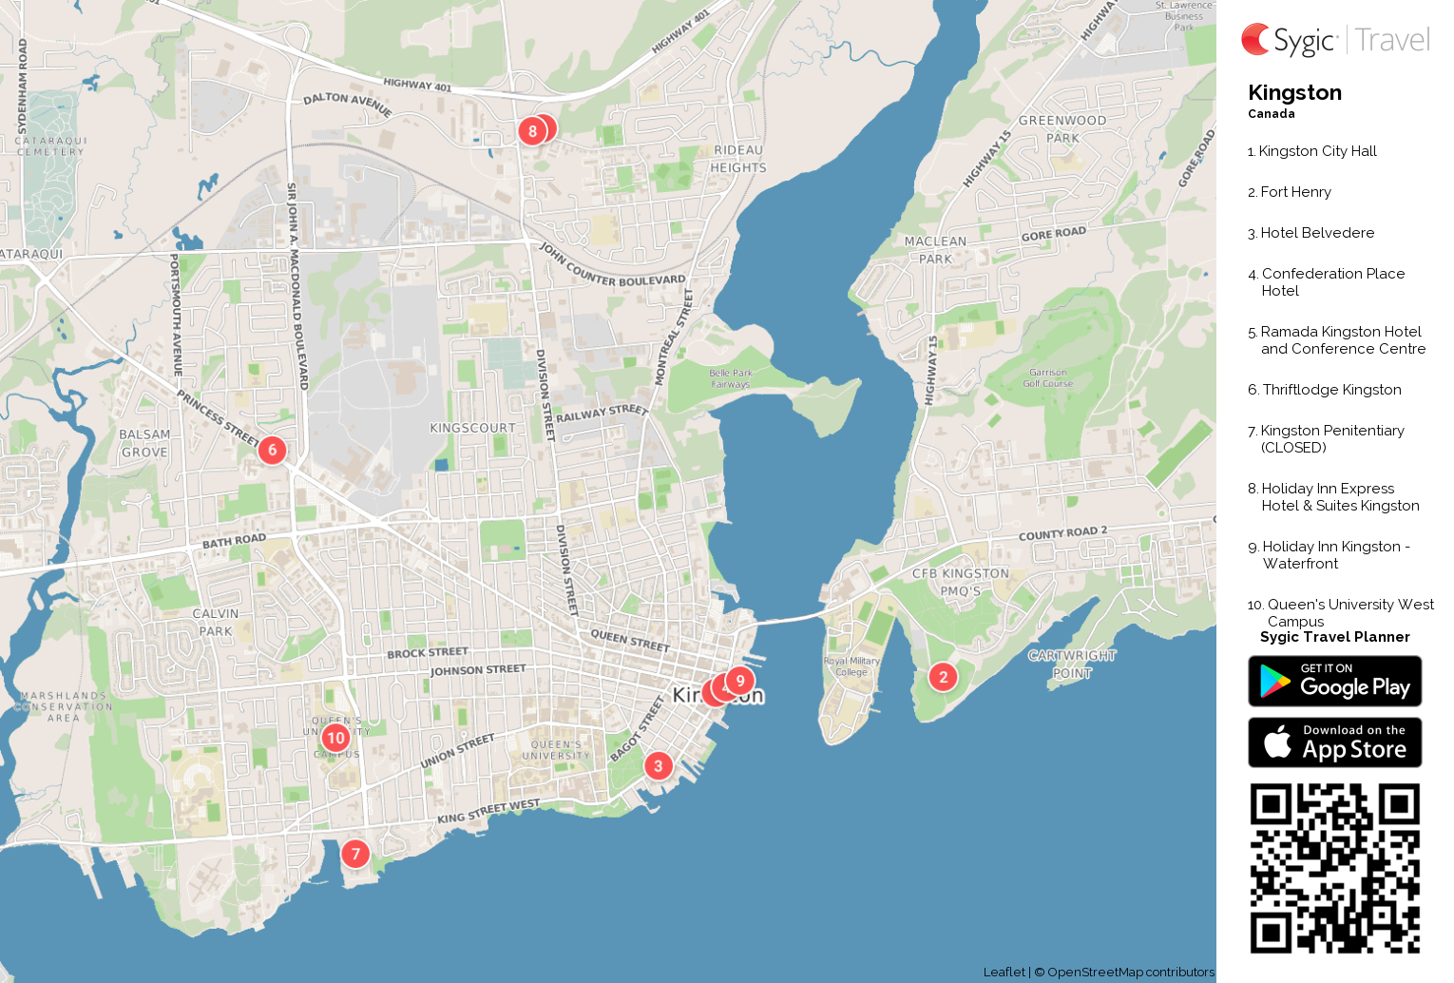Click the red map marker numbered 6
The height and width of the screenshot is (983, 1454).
coord(272,450)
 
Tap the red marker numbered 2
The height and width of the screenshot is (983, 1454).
coord(943,677)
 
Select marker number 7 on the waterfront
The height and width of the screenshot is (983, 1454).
coord(355,854)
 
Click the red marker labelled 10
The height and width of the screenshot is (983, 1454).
coord(335,738)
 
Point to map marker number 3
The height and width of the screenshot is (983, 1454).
coord(658,765)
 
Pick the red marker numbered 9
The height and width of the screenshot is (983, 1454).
coord(740,681)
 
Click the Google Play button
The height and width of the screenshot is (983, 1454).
coord(1334,682)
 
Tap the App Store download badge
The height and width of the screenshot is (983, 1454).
coord(1334,742)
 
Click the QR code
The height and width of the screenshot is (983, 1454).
coord(1334,868)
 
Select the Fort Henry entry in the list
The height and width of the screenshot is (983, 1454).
coord(1295,192)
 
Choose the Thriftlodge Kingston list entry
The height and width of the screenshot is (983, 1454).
coord(1330,390)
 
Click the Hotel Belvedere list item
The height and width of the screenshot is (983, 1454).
coord(1316,233)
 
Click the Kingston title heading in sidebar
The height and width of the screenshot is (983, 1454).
coord(1294,93)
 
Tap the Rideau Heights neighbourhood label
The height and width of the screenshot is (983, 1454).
coord(738,159)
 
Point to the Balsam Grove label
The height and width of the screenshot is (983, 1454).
coord(144,443)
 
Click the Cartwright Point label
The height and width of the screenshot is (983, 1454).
coord(1072,664)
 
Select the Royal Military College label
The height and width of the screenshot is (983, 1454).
coord(851,666)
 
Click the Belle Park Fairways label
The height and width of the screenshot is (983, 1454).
coord(731,378)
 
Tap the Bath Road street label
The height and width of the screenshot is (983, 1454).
coord(234,541)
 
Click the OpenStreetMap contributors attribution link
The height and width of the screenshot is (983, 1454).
coord(1130,972)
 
